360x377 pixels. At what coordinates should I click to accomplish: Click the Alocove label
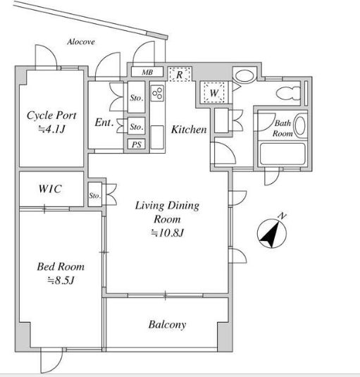[x=81, y=42]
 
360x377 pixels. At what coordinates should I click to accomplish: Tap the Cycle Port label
[x=51, y=116]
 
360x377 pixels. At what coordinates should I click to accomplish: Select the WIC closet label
[x=50, y=189]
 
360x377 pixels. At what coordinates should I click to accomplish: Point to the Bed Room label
[x=61, y=266]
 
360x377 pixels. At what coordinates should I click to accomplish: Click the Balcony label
[x=167, y=325]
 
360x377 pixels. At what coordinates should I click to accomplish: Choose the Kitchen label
[x=189, y=130]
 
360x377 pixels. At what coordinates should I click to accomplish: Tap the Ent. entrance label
[x=104, y=123]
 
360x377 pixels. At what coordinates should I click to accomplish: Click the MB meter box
[x=147, y=72]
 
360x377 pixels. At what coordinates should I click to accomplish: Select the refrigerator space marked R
[x=180, y=74]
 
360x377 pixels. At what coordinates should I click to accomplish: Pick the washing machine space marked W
[x=214, y=92]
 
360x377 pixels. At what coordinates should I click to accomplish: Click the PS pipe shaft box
[x=137, y=144]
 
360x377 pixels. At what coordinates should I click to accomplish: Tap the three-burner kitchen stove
[x=158, y=93]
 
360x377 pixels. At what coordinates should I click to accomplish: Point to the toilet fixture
[x=288, y=94]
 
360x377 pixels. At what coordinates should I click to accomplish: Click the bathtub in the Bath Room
[x=283, y=154]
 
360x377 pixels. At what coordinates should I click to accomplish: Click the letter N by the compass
[x=282, y=216]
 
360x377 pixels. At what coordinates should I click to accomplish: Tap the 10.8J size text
[x=168, y=233]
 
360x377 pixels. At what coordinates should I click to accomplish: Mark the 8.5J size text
[x=61, y=280]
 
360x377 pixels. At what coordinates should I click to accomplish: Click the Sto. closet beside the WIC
[x=95, y=194]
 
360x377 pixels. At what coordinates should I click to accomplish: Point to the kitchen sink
[x=157, y=137]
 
